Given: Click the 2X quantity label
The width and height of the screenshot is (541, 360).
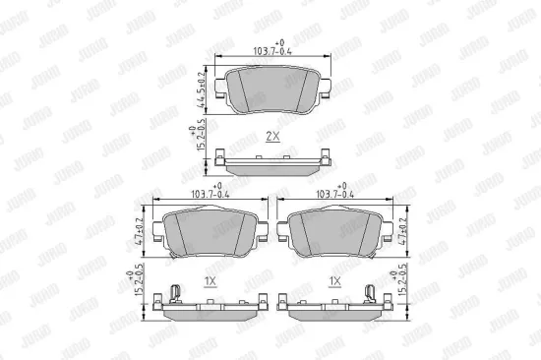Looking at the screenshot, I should click(x=272, y=137).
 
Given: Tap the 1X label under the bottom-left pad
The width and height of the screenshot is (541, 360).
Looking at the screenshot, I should click(x=209, y=280).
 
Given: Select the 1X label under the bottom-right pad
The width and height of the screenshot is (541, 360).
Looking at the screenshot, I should click(x=334, y=280).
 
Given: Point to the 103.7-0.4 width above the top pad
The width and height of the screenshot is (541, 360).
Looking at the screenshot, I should click(x=273, y=50).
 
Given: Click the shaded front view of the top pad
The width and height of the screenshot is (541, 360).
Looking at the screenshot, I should click(x=273, y=87).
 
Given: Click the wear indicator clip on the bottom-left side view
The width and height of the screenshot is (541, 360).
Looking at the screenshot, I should click(x=174, y=292).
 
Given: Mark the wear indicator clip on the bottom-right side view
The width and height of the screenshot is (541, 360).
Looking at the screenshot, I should click(x=372, y=292).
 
